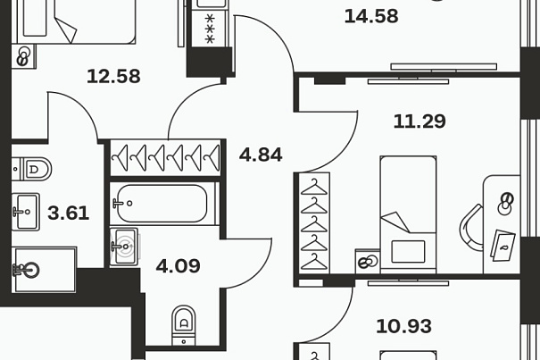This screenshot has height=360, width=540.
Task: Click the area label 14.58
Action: (x=371, y=16)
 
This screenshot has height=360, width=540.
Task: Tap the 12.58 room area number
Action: (x=113, y=76)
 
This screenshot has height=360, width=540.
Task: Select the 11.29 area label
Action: (x=420, y=121)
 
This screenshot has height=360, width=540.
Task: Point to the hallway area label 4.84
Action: (x=261, y=155)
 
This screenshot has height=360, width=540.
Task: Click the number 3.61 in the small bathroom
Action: (x=69, y=213)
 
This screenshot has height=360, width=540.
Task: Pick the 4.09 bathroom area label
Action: (x=178, y=266)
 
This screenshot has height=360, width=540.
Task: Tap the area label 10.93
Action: (x=403, y=326)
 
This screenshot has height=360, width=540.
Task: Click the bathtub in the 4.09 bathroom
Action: (x=162, y=204)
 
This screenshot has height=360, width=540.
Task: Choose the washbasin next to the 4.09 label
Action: (x=124, y=247)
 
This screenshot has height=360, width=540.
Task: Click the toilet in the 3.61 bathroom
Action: (x=31, y=169)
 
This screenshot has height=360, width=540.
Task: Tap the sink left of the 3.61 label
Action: (x=26, y=212)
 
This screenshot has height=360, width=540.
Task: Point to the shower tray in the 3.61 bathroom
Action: (x=44, y=270)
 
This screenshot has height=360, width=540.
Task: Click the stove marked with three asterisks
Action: (x=210, y=29)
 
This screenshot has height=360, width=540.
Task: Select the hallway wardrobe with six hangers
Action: (x=165, y=158)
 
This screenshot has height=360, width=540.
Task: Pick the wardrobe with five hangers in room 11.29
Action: (x=314, y=223)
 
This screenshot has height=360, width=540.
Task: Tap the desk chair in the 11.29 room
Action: (x=471, y=228)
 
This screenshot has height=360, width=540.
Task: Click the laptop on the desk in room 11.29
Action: (x=503, y=245)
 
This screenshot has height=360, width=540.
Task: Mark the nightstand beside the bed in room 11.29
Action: (x=368, y=262)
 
